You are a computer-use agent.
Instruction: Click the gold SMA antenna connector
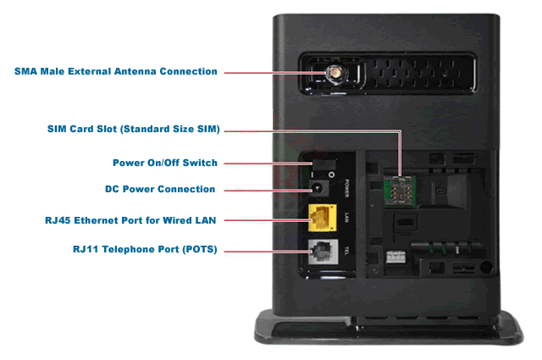335,73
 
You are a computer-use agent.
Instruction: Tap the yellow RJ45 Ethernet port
323,218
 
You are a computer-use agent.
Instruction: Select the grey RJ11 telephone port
323,252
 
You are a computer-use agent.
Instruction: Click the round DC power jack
318,189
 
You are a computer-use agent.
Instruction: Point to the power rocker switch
324,164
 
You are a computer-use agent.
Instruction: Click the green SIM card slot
400,191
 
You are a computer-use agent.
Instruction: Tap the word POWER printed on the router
346,189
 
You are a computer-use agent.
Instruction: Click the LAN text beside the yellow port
346,218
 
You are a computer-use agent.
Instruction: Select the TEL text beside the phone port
346,251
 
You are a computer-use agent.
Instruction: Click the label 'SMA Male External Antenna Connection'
116,72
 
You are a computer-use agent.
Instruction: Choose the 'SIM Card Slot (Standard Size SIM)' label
134,129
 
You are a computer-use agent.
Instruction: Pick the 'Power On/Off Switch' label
165,163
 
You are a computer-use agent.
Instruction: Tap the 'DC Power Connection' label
160,189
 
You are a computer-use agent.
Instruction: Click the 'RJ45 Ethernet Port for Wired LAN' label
130,220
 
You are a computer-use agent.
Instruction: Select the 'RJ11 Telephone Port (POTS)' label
145,249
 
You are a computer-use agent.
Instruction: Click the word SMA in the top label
25,72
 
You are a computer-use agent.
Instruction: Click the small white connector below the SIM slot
395,257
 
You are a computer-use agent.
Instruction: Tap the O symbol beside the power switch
331,174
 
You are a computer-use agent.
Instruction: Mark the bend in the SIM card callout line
401,131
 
